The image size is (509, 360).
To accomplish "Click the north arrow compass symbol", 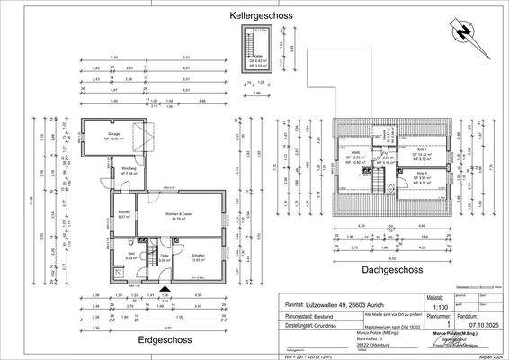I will (465, 33).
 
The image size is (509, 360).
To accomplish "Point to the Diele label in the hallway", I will (165, 256).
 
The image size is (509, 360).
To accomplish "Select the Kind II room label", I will (421, 175).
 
